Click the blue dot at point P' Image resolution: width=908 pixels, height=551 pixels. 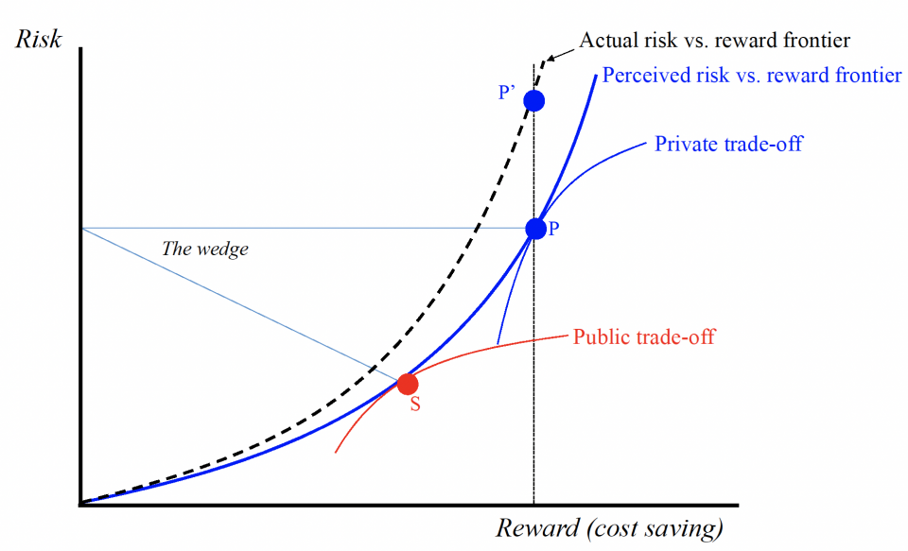tap(534, 100)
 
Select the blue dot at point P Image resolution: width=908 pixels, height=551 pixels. tap(535, 228)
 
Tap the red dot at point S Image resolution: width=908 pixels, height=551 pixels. tap(407, 384)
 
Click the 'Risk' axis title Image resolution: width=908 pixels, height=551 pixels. tap(39, 40)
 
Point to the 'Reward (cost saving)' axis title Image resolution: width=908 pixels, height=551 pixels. tap(610, 527)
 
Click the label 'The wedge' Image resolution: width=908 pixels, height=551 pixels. tap(205, 250)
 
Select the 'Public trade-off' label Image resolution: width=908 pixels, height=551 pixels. tap(644, 336)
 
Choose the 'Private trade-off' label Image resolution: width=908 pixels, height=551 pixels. tap(728, 145)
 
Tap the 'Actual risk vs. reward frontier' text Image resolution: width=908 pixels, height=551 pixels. tap(714, 40)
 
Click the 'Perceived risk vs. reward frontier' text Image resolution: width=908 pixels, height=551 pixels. tap(752, 76)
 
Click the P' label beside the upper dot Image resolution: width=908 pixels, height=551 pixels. tap(507, 93)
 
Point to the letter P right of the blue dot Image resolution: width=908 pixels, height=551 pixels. tap(553, 229)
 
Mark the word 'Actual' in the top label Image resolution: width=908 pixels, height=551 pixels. tap(604, 40)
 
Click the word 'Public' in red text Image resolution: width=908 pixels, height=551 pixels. tap(599, 336)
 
